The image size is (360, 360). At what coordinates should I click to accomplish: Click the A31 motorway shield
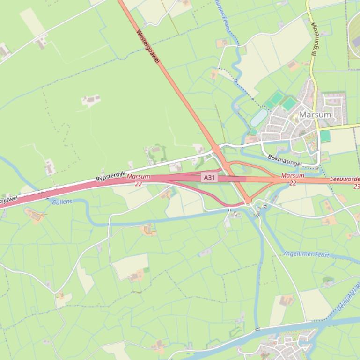pos(209,178)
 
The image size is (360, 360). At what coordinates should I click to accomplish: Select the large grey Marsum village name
pos(315,115)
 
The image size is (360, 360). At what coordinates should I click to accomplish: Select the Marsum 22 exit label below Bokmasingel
pos(293,179)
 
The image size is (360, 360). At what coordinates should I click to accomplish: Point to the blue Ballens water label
pos(62,202)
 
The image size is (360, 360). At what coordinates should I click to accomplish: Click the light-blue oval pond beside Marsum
pos(258,118)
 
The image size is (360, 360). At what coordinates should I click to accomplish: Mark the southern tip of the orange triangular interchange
pos(248,202)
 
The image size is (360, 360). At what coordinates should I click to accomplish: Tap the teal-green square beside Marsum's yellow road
pos(325,136)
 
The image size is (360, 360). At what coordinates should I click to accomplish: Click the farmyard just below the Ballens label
pos(35,216)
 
